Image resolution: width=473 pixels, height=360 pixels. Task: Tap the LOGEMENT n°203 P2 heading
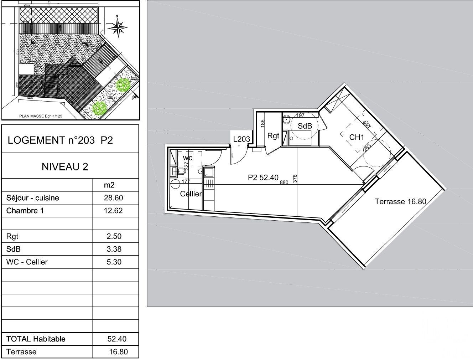click(x=60, y=140)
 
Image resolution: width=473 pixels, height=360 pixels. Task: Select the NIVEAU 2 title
click(x=65, y=166)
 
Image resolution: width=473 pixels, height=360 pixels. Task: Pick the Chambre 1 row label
click(x=25, y=211)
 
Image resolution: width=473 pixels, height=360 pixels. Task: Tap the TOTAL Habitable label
click(x=36, y=339)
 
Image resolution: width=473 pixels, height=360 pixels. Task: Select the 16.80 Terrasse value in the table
click(x=118, y=352)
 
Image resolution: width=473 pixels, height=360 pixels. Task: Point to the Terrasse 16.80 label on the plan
click(x=400, y=201)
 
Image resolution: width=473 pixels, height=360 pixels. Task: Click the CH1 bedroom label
click(x=356, y=137)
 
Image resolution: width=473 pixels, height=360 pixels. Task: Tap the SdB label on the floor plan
click(x=305, y=126)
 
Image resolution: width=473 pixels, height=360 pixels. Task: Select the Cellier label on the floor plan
click(x=191, y=194)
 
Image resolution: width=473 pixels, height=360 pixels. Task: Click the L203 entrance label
click(x=241, y=139)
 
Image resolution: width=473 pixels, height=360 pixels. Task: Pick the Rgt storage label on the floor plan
click(x=273, y=136)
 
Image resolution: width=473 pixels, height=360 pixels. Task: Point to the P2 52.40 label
click(x=263, y=178)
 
